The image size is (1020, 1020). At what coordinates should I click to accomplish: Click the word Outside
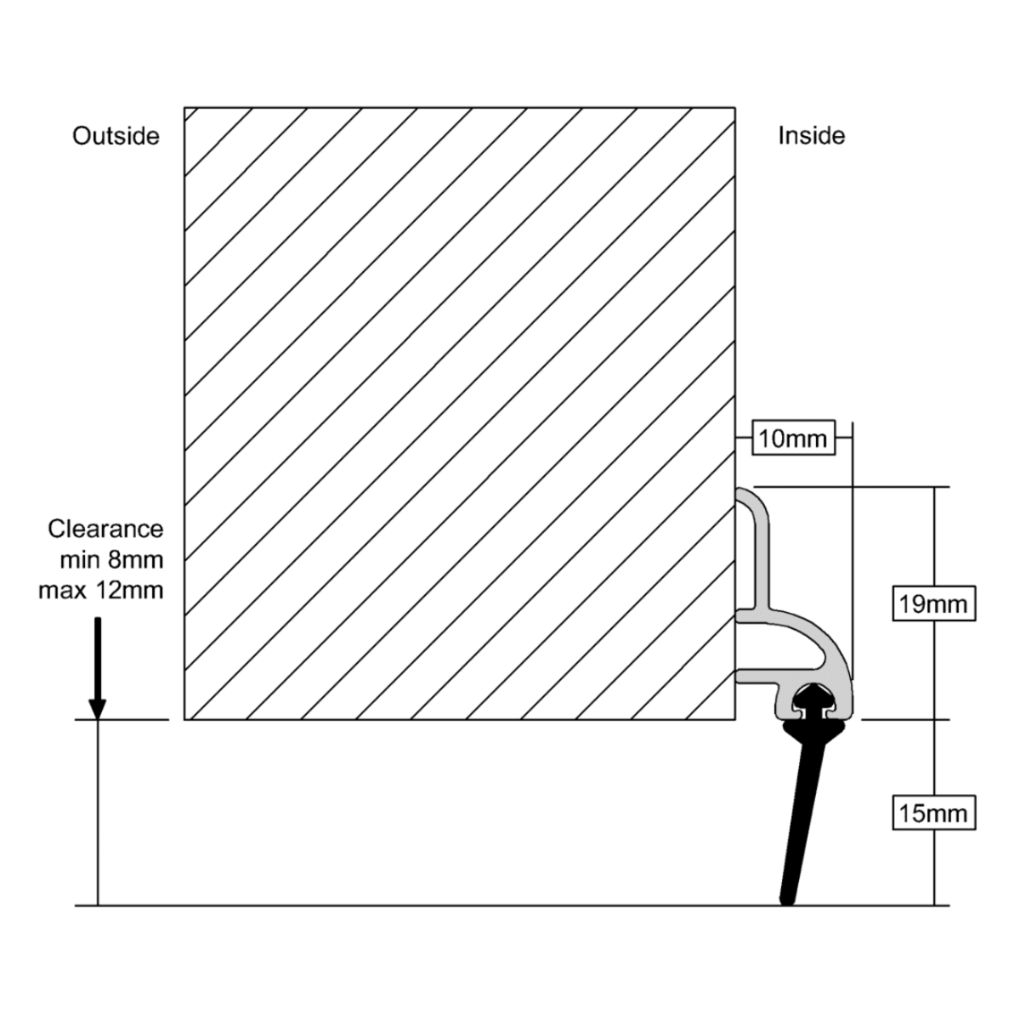116,137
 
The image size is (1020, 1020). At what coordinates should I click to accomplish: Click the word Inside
812,136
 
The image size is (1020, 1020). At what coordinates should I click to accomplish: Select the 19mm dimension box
933,603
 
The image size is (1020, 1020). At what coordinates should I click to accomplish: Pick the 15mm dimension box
933,813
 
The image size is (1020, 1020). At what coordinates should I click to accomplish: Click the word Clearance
106,529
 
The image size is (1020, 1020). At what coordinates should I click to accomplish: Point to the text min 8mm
111,559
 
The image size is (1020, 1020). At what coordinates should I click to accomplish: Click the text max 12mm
101,590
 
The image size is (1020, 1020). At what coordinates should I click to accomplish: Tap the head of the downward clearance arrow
98,709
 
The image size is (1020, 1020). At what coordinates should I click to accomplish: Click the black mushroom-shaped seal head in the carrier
813,698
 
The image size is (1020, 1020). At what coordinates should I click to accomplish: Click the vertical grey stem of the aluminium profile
762,566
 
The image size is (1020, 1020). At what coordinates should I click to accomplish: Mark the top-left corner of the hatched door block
184,108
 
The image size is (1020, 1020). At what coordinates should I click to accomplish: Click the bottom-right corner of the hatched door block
735,719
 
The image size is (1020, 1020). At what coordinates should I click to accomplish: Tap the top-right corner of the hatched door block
735,108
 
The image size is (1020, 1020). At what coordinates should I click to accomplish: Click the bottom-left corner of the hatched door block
184,719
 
